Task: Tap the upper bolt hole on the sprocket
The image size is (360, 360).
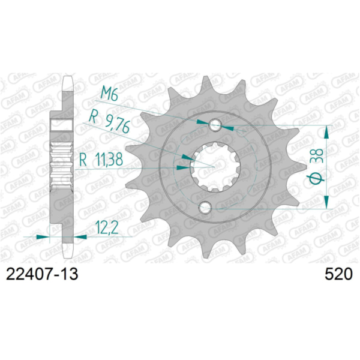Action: click(216, 125)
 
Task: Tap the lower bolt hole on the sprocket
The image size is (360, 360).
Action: click(206, 208)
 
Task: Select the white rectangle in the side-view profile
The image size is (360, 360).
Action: click(62, 125)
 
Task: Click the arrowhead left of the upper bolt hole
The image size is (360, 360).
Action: click(202, 122)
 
